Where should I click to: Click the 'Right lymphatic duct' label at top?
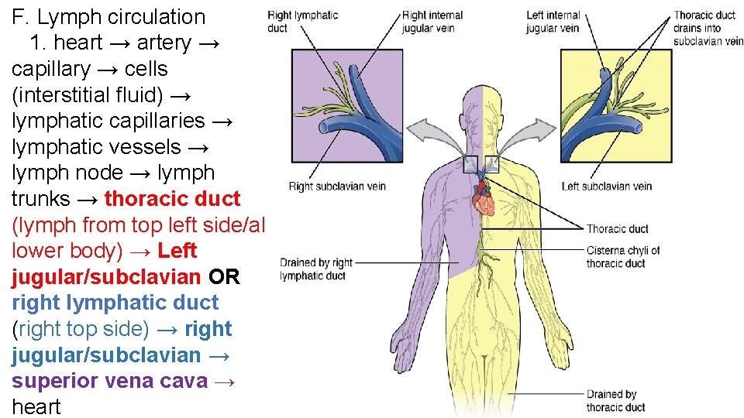pyautogui.click(x=302, y=22)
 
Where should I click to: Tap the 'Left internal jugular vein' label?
pyautogui.click(x=553, y=22)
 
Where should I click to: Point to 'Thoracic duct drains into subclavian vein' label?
pyautogui.click(x=707, y=28)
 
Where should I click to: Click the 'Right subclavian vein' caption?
pyautogui.click(x=337, y=187)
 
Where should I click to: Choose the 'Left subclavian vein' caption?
pyautogui.click(x=607, y=187)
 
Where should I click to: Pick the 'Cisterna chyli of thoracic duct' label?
pyautogui.click(x=622, y=257)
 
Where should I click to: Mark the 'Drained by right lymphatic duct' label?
pyautogui.click(x=315, y=269)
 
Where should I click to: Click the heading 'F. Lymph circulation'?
pyautogui.click(x=108, y=17)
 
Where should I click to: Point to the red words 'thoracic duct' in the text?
pyautogui.click(x=172, y=199)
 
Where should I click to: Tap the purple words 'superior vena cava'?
pyautogui.click(x=109, y=381)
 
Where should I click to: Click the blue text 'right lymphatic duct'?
pyautogui.click(x=115, y=303)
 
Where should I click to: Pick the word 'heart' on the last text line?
pyautogui.click(x=36, y=407)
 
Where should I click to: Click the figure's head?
pyautogui.click(x=482, y=108)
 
